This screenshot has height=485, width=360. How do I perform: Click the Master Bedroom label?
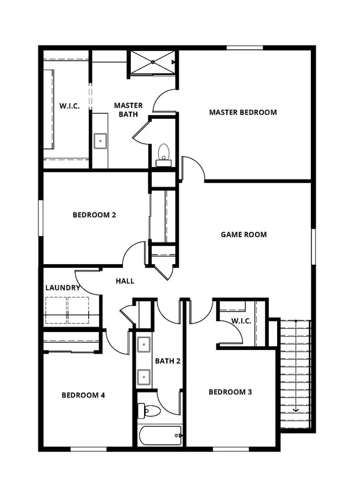coord(243,112)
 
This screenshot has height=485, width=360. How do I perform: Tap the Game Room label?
coord(244,235)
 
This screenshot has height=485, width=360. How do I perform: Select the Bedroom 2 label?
coord(94,215)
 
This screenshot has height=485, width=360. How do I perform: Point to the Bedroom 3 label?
coord(230,392)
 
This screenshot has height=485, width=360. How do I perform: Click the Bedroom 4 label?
coord(83,396)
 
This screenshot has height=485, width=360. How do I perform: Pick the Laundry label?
coord(63,288)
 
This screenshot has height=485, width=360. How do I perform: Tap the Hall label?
coord(125,281)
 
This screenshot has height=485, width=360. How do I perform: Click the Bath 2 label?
coord(167,361)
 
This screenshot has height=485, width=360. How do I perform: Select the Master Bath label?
coord(128,110)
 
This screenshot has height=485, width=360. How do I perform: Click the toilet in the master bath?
coord(163,154)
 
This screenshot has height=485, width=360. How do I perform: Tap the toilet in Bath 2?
coord(149,410)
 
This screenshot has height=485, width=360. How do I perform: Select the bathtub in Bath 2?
coord(160,436)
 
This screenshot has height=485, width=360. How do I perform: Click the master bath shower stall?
coord(153,62)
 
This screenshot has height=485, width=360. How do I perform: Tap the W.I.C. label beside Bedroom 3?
coord(241,321)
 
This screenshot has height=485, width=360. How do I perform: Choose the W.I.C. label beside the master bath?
coord(70,106)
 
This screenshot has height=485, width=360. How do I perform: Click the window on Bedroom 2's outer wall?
coord(41,218)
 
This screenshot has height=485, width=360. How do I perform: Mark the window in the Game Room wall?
coord(313,247)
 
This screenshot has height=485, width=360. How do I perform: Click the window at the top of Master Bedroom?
coord(245,47)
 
